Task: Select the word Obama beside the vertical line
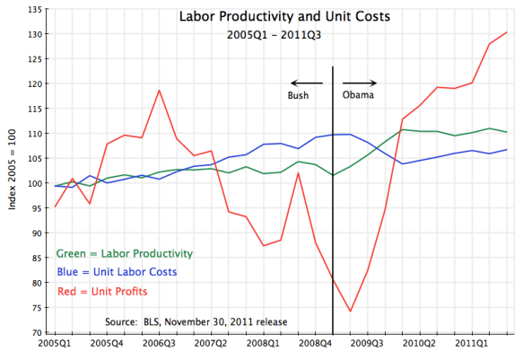pyautogui.click(x=359, y=94)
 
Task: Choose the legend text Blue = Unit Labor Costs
pyautogui.click(x=116, y=271)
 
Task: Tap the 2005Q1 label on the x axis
pyautogui.click(x=56, y=344)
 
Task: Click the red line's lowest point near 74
pyautogui.click(x=350, y=312)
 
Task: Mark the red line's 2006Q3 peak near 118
pyautogui.click(x=159, y=91)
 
